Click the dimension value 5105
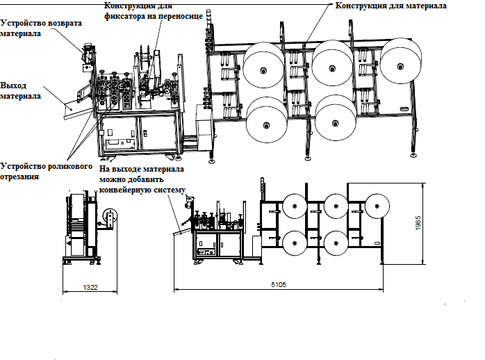coord(279,285)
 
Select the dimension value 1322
coord(90,286)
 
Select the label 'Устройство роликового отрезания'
coord(45,171)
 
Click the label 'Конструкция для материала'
coord(391,6)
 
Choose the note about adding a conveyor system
coord(143,180)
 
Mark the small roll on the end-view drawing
coord(108,218)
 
